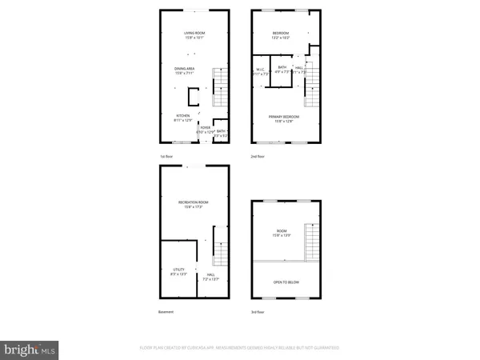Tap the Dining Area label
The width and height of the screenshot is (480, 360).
[186, 71]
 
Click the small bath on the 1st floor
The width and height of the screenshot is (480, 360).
[220, 134]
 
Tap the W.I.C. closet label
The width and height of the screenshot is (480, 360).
[260, 71]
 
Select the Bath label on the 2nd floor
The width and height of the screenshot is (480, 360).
[282, 70]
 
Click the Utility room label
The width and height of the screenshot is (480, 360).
[175, 272]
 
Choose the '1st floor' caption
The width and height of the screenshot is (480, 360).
[166, 156]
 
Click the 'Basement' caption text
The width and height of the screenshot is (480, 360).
[166, 312]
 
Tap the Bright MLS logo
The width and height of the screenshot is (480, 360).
[30, 349]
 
